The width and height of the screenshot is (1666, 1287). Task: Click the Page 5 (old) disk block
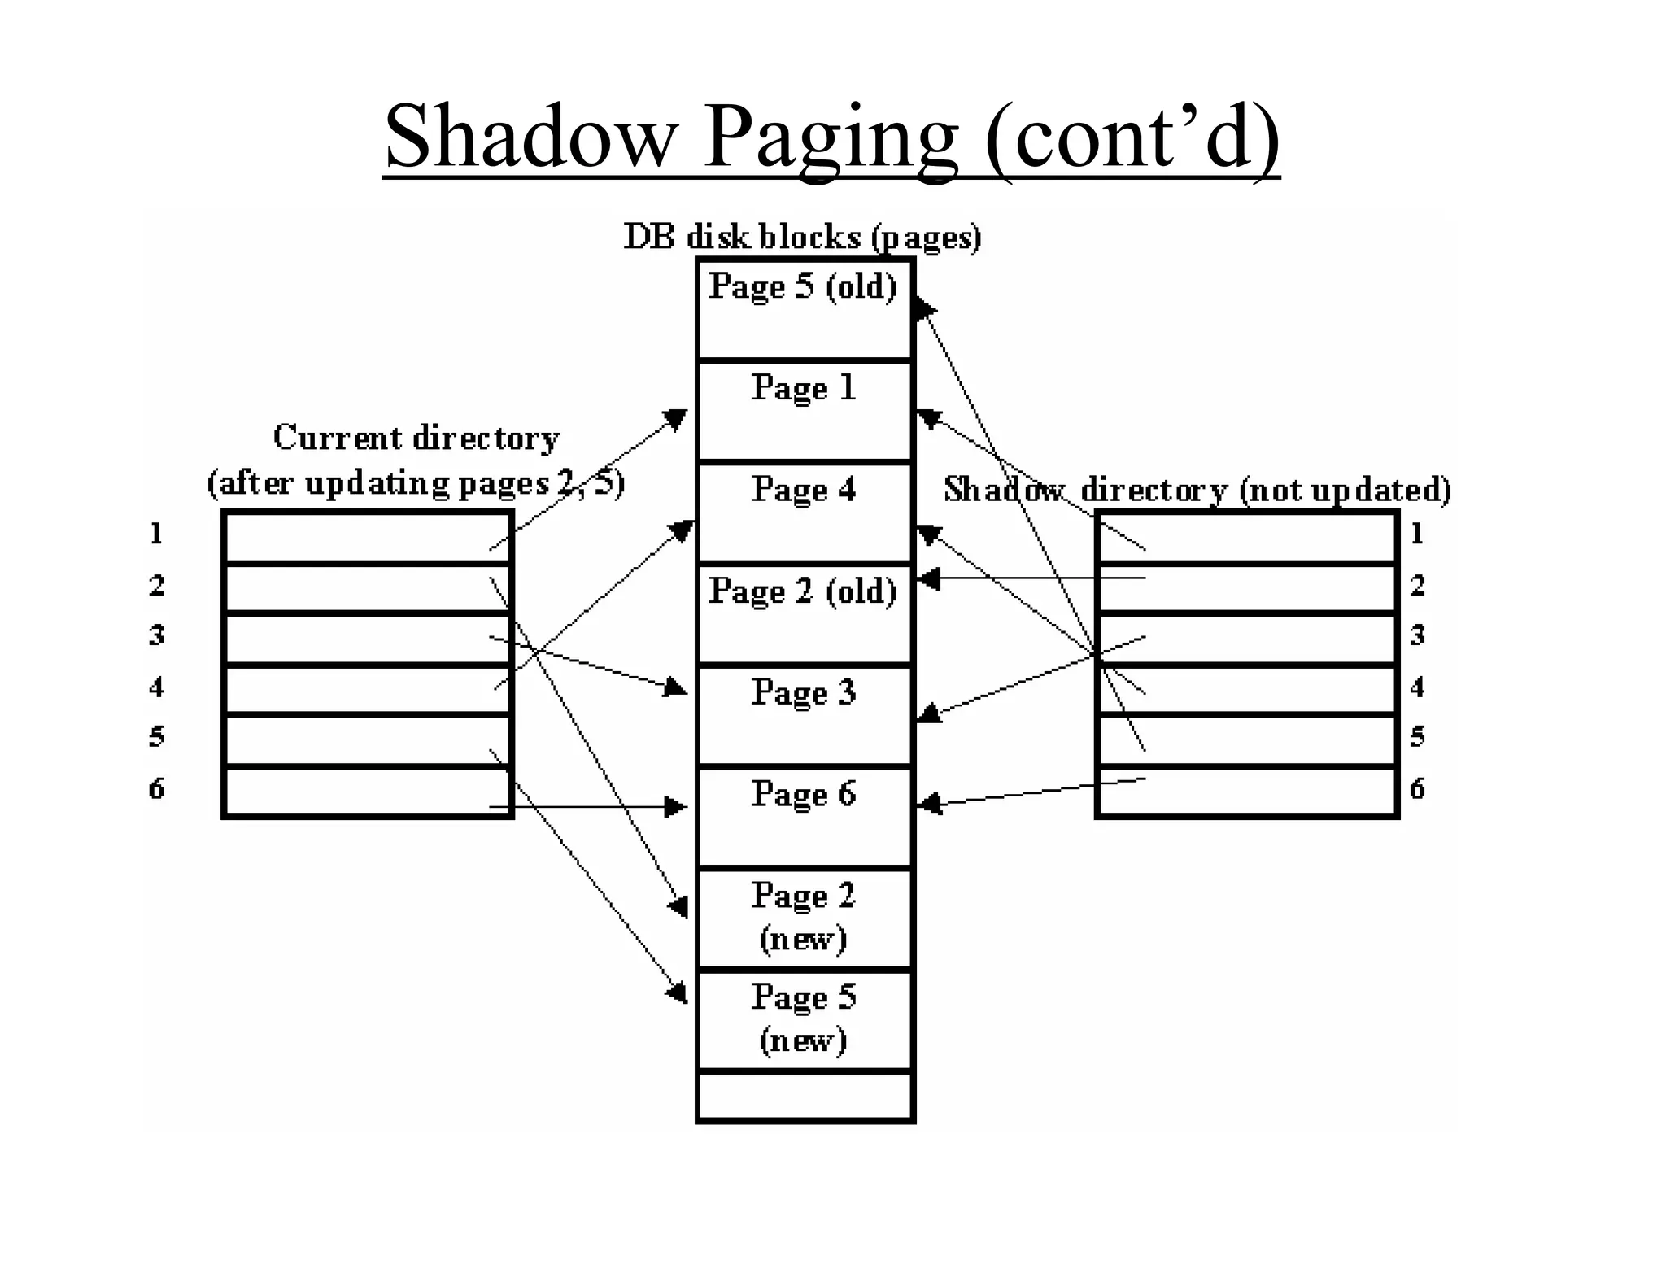805,309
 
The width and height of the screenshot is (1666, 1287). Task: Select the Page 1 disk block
805,411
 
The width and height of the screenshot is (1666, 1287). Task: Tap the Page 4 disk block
805,513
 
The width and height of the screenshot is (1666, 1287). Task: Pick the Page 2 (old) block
805,614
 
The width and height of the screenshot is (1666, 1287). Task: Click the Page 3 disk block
805,716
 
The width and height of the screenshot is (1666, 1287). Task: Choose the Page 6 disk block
805,817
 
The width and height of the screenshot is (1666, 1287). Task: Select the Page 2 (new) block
805,918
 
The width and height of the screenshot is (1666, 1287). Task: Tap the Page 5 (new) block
805,1019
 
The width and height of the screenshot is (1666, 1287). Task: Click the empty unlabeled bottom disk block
805,1097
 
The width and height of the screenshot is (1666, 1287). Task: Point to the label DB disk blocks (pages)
802,238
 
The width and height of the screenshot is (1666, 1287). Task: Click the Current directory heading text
416,438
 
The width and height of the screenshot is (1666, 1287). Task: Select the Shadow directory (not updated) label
1197,490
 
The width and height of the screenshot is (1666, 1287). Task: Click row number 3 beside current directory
156,635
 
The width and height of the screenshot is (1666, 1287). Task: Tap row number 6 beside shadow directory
1417,788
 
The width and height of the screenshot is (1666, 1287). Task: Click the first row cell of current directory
366,537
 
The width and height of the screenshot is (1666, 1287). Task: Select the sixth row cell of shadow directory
1246,791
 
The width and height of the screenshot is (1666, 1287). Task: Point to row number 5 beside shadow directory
1417,736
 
